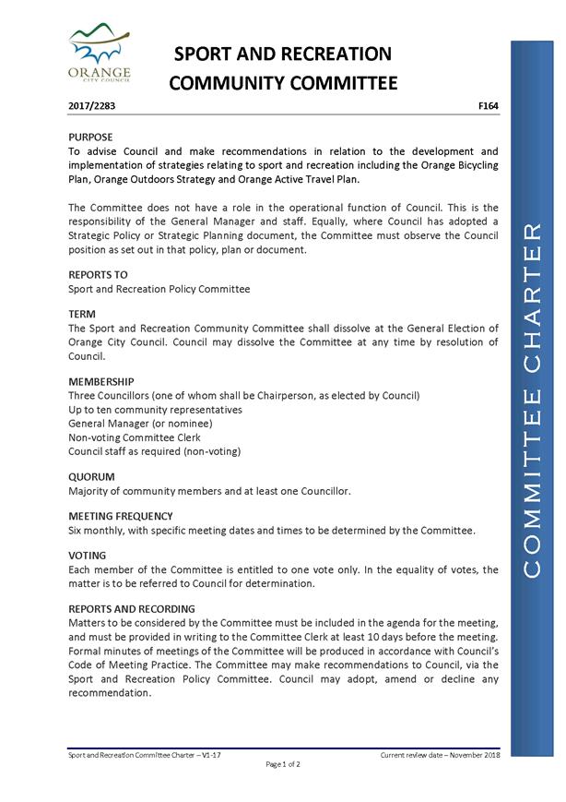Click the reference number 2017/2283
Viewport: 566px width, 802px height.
[x=91, y=106]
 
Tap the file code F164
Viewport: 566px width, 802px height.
[x=489, y=106]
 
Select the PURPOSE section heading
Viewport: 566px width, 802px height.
[x=91, y=137]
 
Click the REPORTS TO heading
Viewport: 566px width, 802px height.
[x=99, y=275]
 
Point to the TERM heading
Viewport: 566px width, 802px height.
[x=83, y=315]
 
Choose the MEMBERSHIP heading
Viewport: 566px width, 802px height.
[x=101, y=381]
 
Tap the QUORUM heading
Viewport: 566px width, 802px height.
[x=91, y=477]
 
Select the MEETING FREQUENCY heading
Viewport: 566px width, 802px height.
[x=121, y=517]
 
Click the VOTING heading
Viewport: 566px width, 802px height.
[x=88, y=556]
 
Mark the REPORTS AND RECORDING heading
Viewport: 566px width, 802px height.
[x=132, y=609]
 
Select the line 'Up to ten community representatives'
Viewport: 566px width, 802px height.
[x=155, y=410]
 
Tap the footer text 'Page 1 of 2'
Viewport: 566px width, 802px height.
[x=283, y=764]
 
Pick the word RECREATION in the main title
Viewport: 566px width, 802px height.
[x=336, y=54]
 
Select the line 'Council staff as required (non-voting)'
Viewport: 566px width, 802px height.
[x=155, y=451]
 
